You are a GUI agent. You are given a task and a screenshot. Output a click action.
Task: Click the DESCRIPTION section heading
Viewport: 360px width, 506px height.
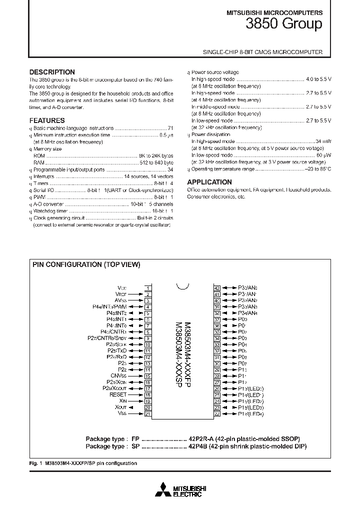[52, 72]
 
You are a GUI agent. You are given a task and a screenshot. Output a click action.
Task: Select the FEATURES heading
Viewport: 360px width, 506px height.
[47, 120]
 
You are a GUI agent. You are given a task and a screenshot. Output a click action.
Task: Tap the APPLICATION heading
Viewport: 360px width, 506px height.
[209, 182]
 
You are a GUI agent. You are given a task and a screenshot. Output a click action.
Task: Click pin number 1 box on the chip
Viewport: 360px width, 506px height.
[148, 288]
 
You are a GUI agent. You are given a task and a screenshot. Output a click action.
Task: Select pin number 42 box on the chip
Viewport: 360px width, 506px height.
[217, 288]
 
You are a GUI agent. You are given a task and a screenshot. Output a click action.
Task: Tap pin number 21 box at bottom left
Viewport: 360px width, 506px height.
[148, 413]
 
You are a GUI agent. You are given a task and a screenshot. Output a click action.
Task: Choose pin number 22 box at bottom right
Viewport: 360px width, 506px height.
[217, 413]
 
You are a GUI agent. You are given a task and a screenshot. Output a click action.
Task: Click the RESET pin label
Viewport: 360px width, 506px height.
[118, 394]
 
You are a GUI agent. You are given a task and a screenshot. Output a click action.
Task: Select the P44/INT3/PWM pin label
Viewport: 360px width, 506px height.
[109, 306]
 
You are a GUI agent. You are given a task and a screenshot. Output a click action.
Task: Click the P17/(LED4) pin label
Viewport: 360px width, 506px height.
[251, 413]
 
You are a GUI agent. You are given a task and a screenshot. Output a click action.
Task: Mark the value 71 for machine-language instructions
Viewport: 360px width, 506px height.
[170, 128]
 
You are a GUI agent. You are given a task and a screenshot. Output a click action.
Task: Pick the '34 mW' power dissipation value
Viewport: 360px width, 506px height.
[323, 141]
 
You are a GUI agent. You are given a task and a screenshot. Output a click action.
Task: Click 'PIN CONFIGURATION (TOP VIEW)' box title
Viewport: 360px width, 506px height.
[86, 265]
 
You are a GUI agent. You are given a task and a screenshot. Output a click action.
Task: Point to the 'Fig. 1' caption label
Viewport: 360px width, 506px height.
[35, 463]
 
